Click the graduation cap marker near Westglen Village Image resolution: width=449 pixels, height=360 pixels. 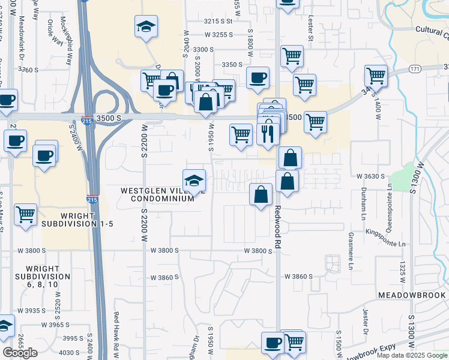pos(194,180)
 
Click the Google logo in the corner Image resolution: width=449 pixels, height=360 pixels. pos(20,353)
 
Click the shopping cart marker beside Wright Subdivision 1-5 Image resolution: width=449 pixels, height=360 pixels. pos(26,214)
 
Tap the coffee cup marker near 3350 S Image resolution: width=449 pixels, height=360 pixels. pos(258,78)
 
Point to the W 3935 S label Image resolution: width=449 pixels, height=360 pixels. pos(32,310)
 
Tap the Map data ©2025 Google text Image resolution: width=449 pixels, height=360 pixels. pos(412,355)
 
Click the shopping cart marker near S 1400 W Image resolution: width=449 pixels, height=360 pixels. pos(376,76)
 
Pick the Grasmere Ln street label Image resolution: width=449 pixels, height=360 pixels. pos(351,252)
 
